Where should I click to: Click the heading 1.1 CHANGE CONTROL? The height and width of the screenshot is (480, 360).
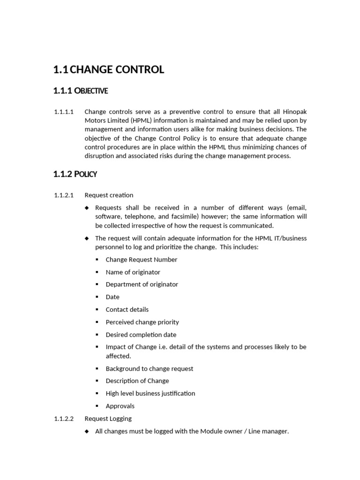[x=109, y=70]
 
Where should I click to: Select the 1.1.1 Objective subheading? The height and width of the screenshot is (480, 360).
[x=81, y=91]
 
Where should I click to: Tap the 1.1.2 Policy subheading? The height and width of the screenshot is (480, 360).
[x=75, y=174]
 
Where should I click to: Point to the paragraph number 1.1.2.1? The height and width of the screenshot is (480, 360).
[x=64, y=195]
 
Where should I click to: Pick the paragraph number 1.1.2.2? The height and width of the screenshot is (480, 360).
[x=64, y=418]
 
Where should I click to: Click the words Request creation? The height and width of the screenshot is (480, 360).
[x=109, y=195]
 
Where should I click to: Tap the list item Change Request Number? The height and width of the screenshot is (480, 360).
[x=142, y=259]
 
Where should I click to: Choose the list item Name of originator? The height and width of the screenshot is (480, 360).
[x=133, y=272]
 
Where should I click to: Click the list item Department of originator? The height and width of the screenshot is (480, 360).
[x=142, y=284]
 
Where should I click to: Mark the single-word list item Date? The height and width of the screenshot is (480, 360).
[x=112, y=297]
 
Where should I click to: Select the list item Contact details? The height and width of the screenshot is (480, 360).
[x=127, y=309]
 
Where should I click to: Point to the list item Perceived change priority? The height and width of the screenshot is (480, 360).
[x=142, y=322]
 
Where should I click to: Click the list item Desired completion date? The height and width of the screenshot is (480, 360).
[x=141, y=335]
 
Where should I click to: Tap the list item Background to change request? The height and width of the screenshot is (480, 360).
[x=150, y=368]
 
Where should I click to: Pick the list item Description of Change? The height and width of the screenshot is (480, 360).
[x=137, y=381]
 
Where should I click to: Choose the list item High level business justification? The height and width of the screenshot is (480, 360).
[x=150, y=393]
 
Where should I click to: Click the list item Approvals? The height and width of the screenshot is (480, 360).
[x=120, y=406]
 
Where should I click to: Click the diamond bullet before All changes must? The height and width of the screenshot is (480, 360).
[x=87, y=431]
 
